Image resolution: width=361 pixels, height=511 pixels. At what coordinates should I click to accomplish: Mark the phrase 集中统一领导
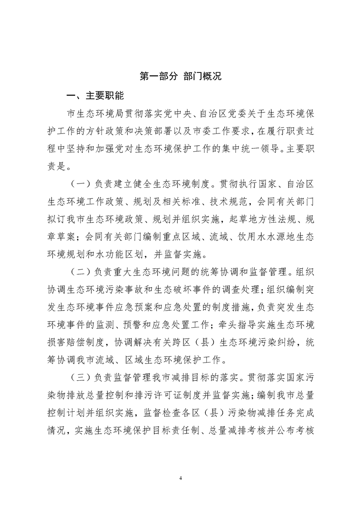click(x=259, y=149)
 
